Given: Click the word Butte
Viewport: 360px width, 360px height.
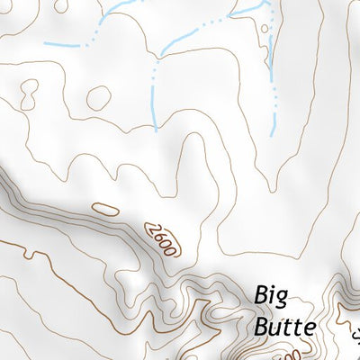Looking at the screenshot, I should tap(284, 326).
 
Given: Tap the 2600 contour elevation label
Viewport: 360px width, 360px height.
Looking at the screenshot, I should tap(161, 238).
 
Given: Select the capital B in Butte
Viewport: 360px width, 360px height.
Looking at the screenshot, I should tap(262, 326).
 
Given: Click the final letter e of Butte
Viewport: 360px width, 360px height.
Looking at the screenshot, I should tap(309, 328).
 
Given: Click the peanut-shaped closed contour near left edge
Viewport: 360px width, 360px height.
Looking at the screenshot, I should tap(28, 92).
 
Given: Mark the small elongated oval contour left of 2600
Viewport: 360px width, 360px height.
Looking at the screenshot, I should tap(105, 210).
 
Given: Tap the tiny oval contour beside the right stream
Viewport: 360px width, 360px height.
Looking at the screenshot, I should tap(264, 28).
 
